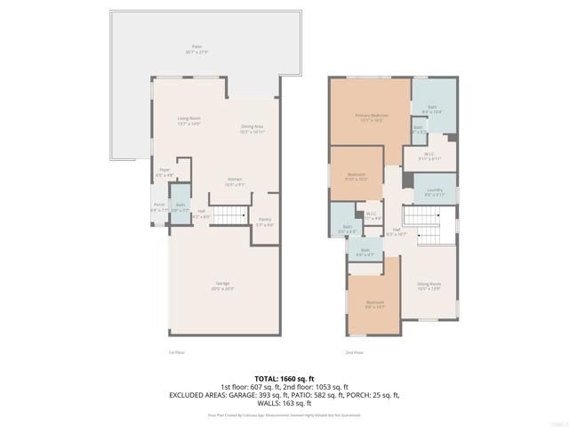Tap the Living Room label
click(x=188, y=119)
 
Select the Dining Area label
click(x=253, y=128)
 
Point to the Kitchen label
click(x=235, y=181)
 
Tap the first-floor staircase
click(x=233, y=215)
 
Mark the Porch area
click(x=159, y=206)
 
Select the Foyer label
click(x=164, y=172)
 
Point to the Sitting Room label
click(x=429, y=287)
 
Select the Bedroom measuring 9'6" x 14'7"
click(x=375, y=304)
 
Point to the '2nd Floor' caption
click(x=354, y=352)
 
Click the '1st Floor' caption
click(x=176, y=352)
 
